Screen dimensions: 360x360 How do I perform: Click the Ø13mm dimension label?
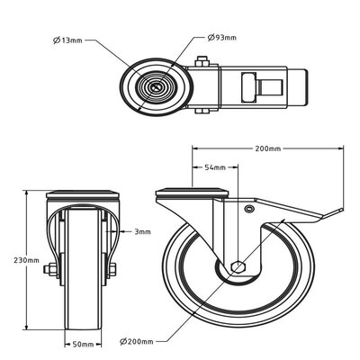pos(68,39)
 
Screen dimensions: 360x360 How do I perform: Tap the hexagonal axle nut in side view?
pos(238,267)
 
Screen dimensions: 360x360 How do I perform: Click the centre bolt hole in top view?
pos(159,86)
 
